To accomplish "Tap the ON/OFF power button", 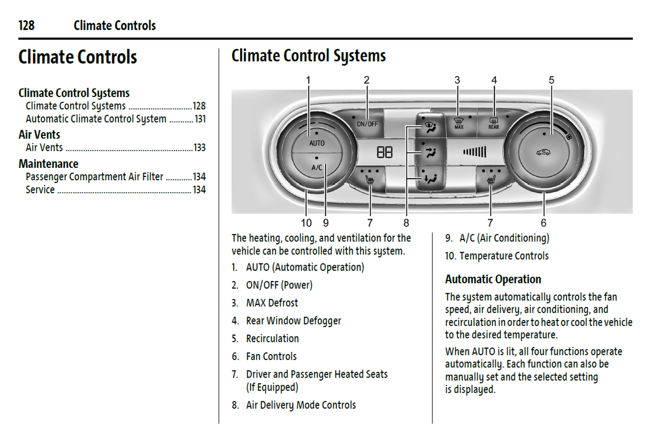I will [x=367, y=124].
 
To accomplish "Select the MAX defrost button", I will [x=458, y=124].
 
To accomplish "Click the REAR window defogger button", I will [x=493, y=124].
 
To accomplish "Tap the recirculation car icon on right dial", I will [x=544, y=152].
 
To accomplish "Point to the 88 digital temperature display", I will [x=385, y=152].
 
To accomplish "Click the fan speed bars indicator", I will [x=474, y=152].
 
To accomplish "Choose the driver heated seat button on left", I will [x=370, y=178].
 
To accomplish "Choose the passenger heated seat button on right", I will [x=491, y=178].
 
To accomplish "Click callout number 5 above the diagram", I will [x=551, y=80].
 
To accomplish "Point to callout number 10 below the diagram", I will [x=306, y=223].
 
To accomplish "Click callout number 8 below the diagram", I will [x=406, y=223].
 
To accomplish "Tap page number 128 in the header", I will [x=27, y=25].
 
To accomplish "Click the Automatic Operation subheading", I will [x=493, y=279].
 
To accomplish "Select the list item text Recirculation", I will [x=272, y=339].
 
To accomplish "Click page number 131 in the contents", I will [x=200, y=119].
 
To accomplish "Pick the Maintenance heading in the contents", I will [x=48, y=164].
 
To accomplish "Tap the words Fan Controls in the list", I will [x=271, y=356].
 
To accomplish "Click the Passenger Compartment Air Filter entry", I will [x=94, y=177].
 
